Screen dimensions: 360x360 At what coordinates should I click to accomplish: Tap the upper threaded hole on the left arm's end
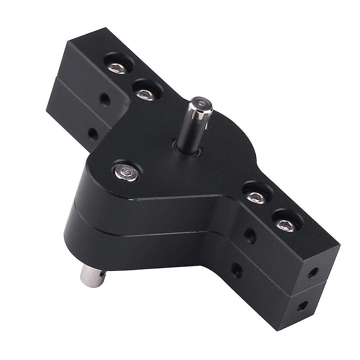tap(104, 97)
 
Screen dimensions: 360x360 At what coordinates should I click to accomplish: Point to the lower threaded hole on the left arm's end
tap(92, 131)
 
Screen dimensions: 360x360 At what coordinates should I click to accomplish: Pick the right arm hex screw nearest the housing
tap(255, 196)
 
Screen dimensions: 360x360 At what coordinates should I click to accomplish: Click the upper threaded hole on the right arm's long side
tap(248, 232)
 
